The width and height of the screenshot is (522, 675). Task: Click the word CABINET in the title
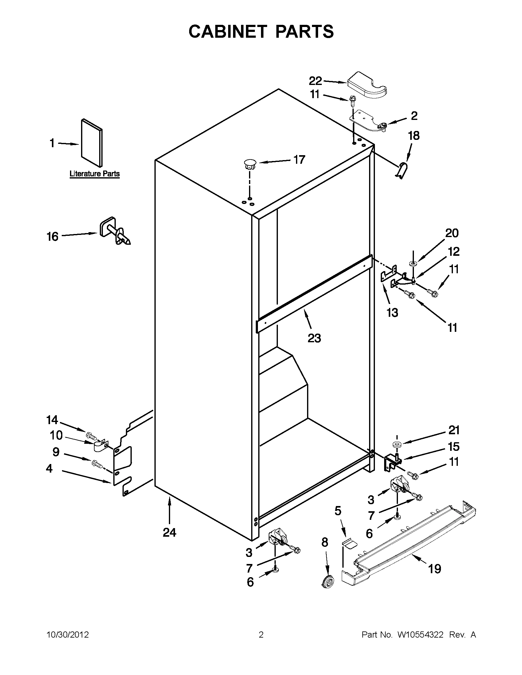pos(228,32)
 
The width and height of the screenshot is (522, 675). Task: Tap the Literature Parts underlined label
pos(94,174)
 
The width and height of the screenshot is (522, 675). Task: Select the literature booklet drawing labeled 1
pos(92,143)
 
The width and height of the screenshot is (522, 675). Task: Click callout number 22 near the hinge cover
pos(315,81)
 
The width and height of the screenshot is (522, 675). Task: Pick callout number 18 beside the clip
pos(414,136)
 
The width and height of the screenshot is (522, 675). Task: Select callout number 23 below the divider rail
pos(314,338)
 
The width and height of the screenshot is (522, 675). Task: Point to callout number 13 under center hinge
pos(392,313)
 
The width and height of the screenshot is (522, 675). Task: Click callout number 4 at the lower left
pos(49,469)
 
